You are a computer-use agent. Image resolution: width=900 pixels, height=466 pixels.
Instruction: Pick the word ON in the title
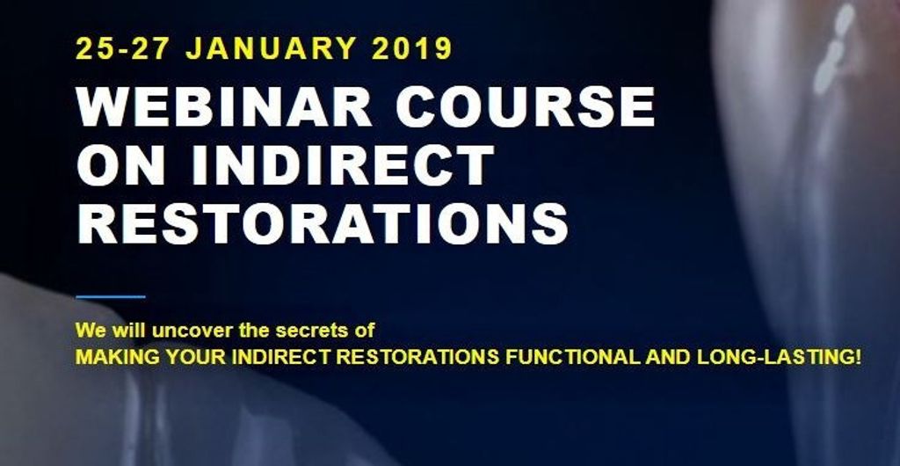pyautogui.click(x=115, y=164)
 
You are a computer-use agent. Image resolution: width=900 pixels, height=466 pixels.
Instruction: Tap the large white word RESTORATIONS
pyautogui.click(x=322, y=222)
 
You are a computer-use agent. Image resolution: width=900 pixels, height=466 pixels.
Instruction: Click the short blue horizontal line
pyautogui.click(x=111, y=296)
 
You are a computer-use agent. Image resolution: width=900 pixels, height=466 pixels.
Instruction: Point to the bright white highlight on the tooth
pyautogui.click(x=830, y=54)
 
